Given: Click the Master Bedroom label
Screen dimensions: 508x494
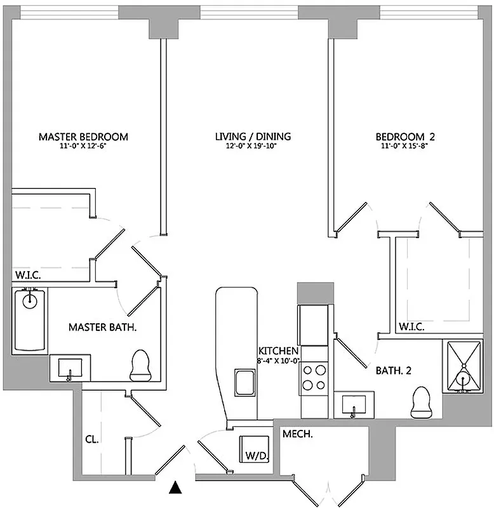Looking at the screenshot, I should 83,137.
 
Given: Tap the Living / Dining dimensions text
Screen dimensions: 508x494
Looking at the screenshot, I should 252,146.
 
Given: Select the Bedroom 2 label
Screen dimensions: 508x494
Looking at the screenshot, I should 405,137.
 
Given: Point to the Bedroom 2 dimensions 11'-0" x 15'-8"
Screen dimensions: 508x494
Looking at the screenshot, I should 405,146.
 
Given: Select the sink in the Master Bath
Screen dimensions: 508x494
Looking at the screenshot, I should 70,368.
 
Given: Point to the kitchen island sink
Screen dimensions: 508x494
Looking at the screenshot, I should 244,383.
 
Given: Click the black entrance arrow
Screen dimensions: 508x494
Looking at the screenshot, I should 176,488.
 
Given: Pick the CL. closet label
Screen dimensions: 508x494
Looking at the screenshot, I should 93,439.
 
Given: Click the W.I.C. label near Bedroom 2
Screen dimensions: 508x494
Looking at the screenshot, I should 411,328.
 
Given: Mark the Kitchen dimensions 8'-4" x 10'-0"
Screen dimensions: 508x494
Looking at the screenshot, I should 278,360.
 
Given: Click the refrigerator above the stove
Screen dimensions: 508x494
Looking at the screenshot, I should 314,316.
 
